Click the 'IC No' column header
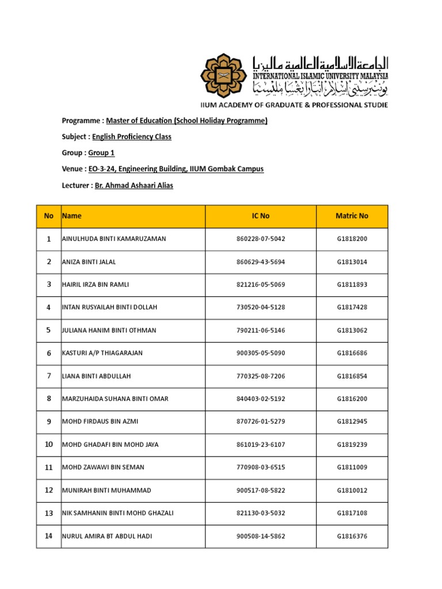coord(260,216)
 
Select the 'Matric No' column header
coord(352,216)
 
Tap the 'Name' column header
coord(72,216)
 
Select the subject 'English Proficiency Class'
coord(132,137)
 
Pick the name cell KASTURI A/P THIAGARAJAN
coord(103,353)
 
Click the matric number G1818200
coord(352,239)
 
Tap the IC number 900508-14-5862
coord(260,536)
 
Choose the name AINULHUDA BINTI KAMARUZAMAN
coord(114,239)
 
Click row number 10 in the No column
coord(48,445)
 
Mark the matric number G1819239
coord(352,445)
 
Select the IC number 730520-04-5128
coord(260,308)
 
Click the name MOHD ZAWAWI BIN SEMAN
coord(104,468)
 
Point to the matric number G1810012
coord(352,490)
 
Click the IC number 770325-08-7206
coord(260,376)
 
